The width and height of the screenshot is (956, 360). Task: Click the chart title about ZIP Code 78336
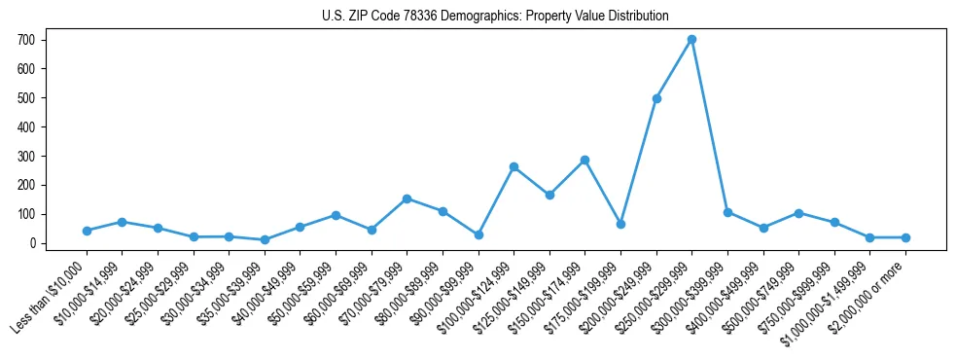(495, 17)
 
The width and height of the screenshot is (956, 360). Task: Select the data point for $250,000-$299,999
(691, 40)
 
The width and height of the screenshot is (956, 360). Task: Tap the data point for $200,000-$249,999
(656, 98)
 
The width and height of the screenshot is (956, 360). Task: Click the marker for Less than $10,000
(87, 231)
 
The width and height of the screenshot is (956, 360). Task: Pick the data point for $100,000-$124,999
(513, 166)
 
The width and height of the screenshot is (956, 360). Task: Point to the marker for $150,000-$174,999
(584, 160)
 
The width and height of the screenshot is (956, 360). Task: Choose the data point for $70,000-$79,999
(407, 198)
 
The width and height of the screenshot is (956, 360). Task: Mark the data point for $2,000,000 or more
(905, 237)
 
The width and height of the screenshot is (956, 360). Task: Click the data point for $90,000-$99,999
(478, 234)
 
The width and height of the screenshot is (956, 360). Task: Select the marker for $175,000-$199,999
(620, 224)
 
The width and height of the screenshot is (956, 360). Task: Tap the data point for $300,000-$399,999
(727, 212)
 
